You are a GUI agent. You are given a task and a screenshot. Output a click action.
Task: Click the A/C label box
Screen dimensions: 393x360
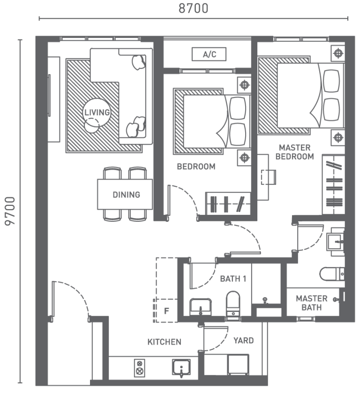(x=209, y=55)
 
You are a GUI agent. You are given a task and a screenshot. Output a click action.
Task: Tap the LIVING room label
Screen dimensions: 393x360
(x=97, y=113)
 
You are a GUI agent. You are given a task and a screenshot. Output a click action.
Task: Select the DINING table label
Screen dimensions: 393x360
(x=126, y=195)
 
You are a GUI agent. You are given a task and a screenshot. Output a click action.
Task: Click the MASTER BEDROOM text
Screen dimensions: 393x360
(x=294, y=152)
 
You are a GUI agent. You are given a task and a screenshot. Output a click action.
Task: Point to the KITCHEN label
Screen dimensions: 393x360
(x=164, y=342)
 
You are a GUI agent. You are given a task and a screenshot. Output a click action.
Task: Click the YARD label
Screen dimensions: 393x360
(x=243, y=340)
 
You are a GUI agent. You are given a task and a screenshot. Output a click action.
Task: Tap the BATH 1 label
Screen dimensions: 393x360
(x=233, y=279)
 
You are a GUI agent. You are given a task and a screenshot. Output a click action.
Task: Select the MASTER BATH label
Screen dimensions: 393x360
(x=311, y=303)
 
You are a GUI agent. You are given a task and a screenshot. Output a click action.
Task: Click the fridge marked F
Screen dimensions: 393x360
(x=166, y=310)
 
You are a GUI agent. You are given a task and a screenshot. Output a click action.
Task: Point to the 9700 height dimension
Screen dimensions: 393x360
(x=10, y=211)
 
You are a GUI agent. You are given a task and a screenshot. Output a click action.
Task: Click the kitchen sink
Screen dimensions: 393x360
(x=181, y=368)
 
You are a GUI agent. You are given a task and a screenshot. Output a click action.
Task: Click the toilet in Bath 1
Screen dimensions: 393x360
(x=233, y=303)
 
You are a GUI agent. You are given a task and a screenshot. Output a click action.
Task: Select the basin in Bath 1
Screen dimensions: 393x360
(x=201, y=308)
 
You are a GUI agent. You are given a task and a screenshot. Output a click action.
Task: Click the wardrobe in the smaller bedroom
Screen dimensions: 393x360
(x=228, y=203)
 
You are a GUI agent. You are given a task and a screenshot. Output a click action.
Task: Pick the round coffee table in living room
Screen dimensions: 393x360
(x=91, y=125)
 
